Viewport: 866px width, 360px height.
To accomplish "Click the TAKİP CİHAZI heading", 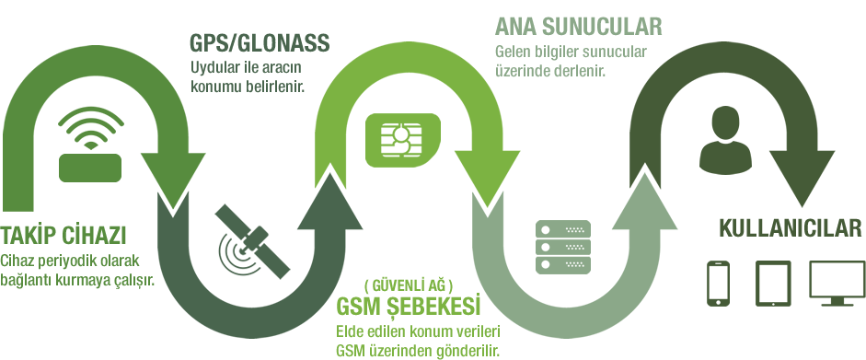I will click(64, 231).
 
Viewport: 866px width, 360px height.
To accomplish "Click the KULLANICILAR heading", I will click(780, 228).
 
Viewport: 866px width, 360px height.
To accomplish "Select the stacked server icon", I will click(562, 246).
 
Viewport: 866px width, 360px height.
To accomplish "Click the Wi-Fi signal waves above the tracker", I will click(90, 129).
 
